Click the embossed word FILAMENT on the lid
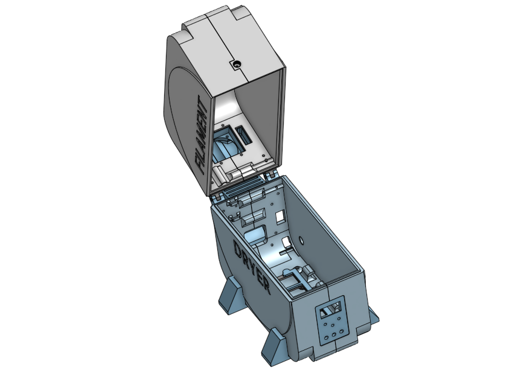pyautogui.click(x=202, y=135)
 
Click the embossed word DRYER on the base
pyautogui.click(x=252, y=266)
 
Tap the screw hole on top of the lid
pyautogui.click(x=238, y=63)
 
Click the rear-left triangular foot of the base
pyautogui.click(x=231, y=294)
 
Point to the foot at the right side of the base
pyautogui.click(x=374, y=316)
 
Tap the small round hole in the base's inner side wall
pyautogui.click(x=301, y=241)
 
